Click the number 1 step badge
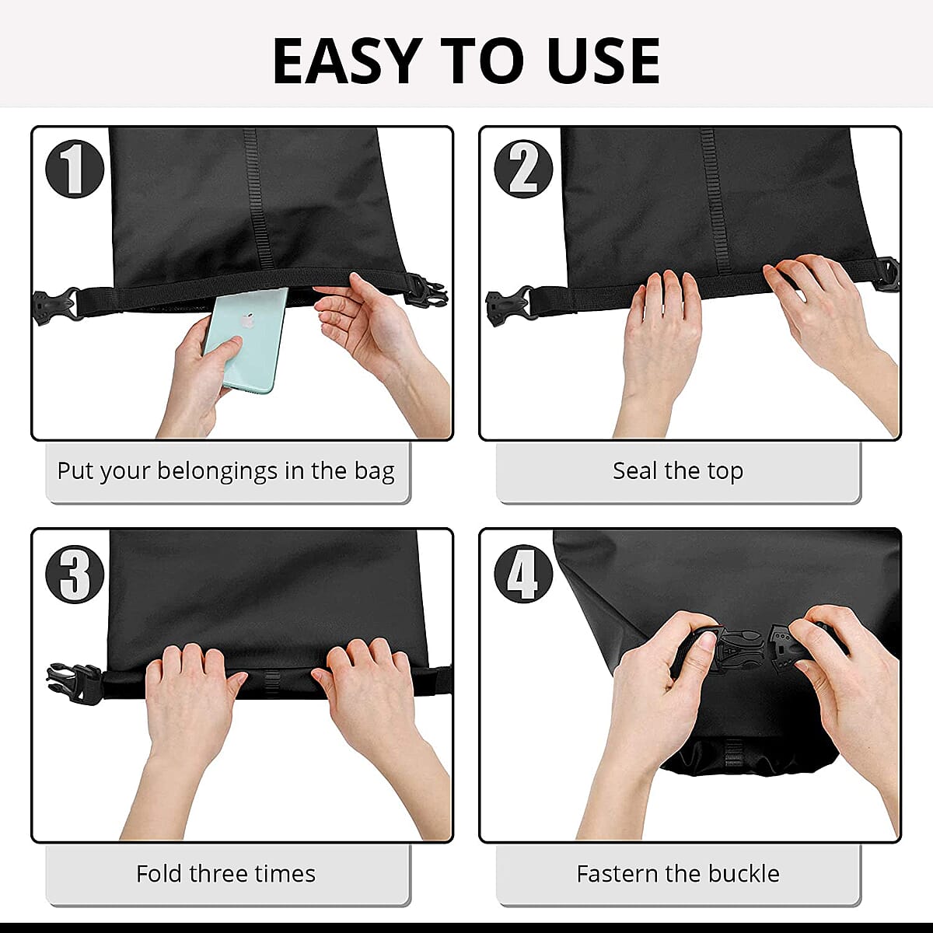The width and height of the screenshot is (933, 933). (75, 169)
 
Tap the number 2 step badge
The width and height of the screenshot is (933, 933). (523, 169)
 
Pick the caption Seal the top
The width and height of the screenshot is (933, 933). (677, 471)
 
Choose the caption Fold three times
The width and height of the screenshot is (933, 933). (225, 874)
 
